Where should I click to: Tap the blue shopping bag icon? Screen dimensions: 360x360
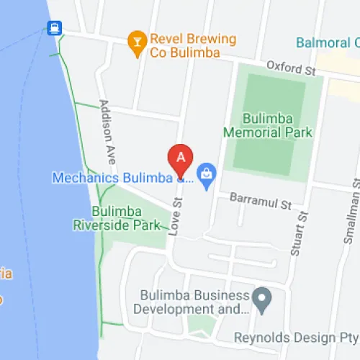[207, 174]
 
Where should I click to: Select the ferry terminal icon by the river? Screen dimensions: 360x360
[54, 28]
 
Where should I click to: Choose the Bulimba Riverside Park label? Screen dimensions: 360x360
[126, 218]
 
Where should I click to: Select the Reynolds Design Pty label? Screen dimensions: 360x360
[296, 337]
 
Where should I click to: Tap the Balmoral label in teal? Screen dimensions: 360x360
[328, 43]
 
